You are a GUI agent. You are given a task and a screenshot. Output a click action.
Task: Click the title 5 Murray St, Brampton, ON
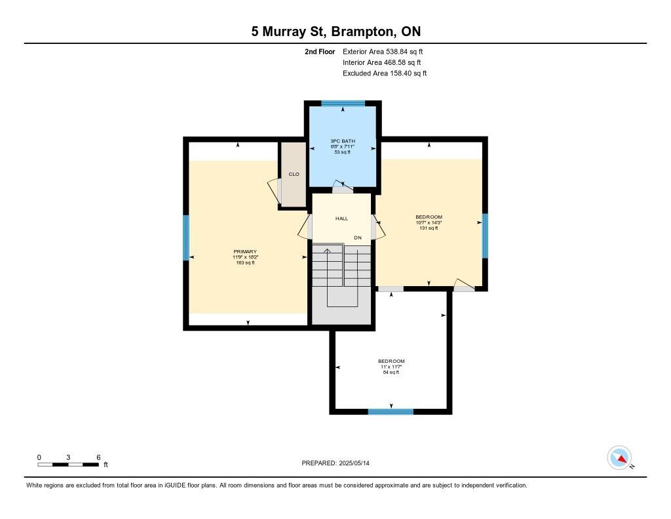pyautogui.click(x=336, y=31)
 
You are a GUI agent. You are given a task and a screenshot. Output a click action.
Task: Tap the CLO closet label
pyautogui.click(x=294, y=174)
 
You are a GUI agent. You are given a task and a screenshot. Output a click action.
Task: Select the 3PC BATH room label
pyautogui.click(x=343, y=141)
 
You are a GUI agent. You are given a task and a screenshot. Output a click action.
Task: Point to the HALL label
pyautogui.click(x=341, y=218)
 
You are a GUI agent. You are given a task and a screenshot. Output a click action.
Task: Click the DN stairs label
pyautogui.click(x=358, y=238)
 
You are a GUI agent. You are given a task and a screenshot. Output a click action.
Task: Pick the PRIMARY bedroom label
pyautogui.click(x=245, y=251)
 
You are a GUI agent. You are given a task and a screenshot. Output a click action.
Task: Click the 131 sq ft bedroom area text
pyautogui.click(x=429, y=228)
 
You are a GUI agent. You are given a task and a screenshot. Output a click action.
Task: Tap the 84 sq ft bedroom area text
pyautogui.click(x=391, y=373)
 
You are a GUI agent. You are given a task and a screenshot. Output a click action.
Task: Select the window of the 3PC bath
pyautogui.click(x=343, y=103)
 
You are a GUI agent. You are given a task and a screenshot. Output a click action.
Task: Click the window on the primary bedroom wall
pyautogui.click(x=186, y=238)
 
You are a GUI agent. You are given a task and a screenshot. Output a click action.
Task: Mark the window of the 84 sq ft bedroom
pyautogui.click(x=391, y=412)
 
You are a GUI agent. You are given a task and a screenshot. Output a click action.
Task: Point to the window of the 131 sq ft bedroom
pyautogui.click(x=485, y=236)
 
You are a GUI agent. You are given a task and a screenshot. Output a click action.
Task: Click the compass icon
pyautogui.click(x=620, y=458)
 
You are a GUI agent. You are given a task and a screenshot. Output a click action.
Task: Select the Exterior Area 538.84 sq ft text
pyautogui.click(x=383, y=51)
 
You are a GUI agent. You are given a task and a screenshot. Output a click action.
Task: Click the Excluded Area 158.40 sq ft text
pyautogui.click(x=385, y=73)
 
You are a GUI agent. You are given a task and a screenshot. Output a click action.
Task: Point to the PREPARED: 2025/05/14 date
pyautogui.click(x=335, y=463)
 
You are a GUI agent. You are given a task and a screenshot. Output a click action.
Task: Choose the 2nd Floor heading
pyautogui.click(x=320, y=51)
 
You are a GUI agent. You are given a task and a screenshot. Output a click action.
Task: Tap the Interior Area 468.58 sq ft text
pyautogui.click(x=382, y=62)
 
